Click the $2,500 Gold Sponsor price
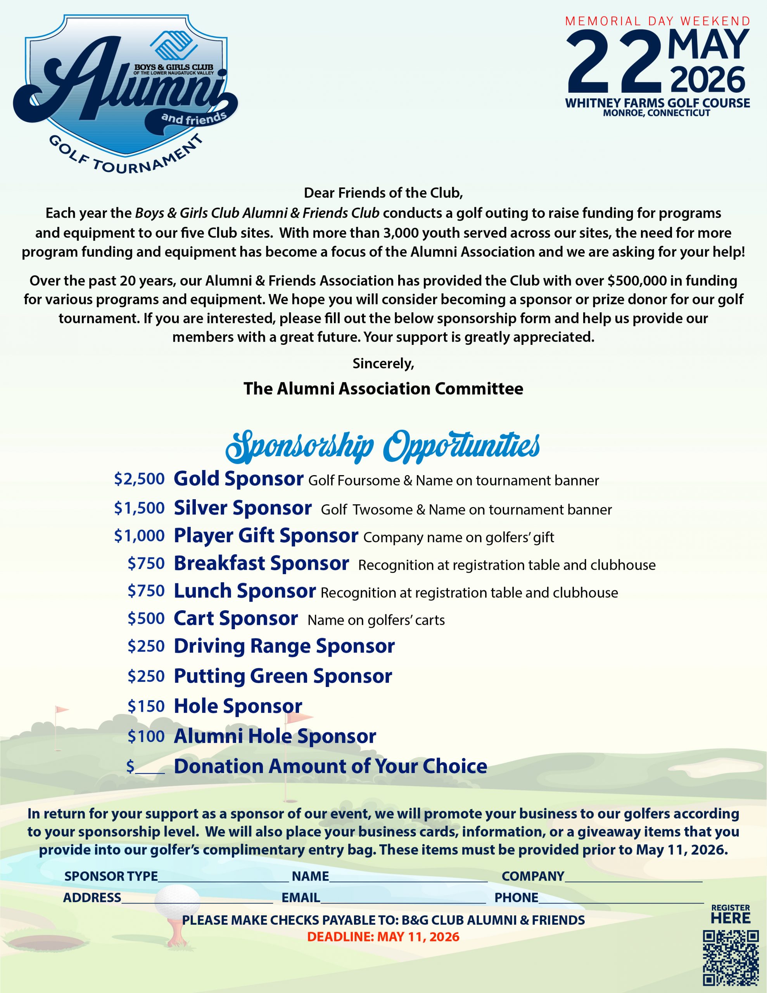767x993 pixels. [139, 479]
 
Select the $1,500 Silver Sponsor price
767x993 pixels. [139, 508]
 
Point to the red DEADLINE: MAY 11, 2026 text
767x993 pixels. [383, 937]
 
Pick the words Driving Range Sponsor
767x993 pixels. [284, 646]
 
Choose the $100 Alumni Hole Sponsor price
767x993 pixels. [146, 736]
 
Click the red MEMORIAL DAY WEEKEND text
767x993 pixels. [657, 21]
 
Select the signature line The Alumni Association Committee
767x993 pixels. [383, 389]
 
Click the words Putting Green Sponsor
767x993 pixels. [283, 676]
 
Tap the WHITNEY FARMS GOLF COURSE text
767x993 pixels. [657, 103]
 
